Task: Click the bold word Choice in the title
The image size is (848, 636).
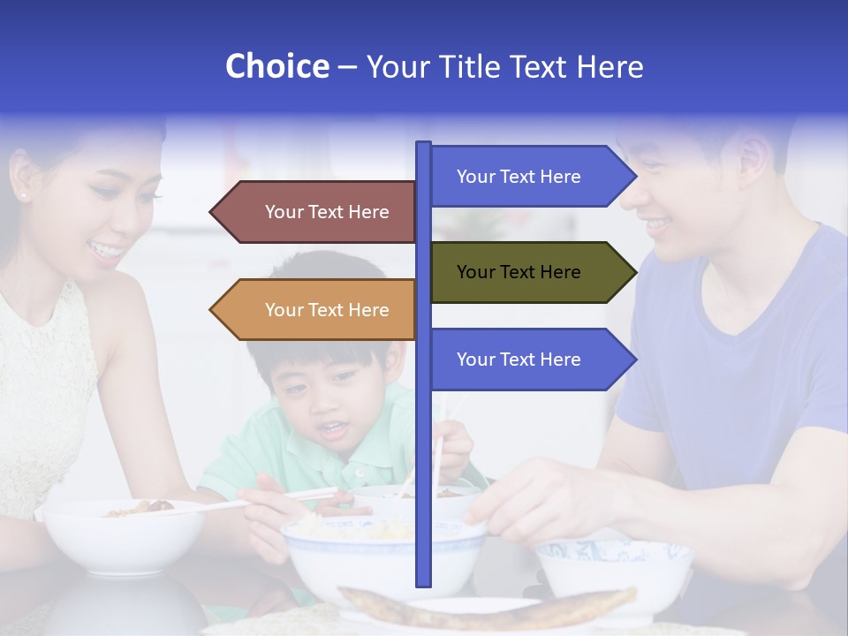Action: coord(276,66)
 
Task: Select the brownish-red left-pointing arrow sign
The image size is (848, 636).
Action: coord(314,212)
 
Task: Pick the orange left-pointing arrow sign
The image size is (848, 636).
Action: coord(314,310)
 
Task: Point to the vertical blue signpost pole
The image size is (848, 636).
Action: coord(424,459)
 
